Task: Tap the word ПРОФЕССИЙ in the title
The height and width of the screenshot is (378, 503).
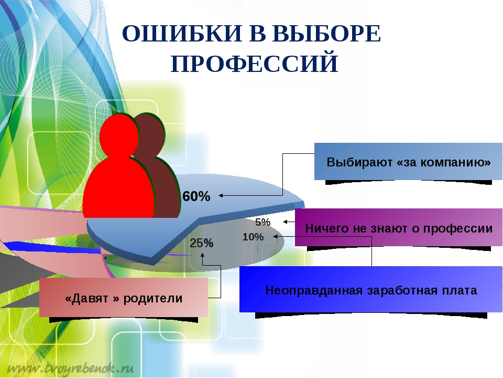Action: [x=255, y=63]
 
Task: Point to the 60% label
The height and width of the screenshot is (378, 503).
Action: [x=196, y=196]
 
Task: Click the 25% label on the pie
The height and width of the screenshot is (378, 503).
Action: [x=201, y=243]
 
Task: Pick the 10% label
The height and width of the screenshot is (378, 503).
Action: [x=253, y=237]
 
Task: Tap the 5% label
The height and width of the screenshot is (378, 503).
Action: [x=263, y=222]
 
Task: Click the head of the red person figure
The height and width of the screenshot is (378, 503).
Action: [x=119, y=135]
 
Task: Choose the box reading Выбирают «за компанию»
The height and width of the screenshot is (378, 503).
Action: [x=408, y=161]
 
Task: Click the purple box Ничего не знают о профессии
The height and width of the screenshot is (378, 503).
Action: [x=398, y=227]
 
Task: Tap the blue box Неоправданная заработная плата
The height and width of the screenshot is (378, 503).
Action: [x=371, y=289]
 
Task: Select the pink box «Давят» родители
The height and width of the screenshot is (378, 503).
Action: [x=124, y=297]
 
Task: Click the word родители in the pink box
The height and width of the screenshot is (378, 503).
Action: [x=153, y=298]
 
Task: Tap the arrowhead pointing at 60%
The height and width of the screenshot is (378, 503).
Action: [x=221, y=195]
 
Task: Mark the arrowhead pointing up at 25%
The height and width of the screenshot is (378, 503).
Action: [x=202, y=255]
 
